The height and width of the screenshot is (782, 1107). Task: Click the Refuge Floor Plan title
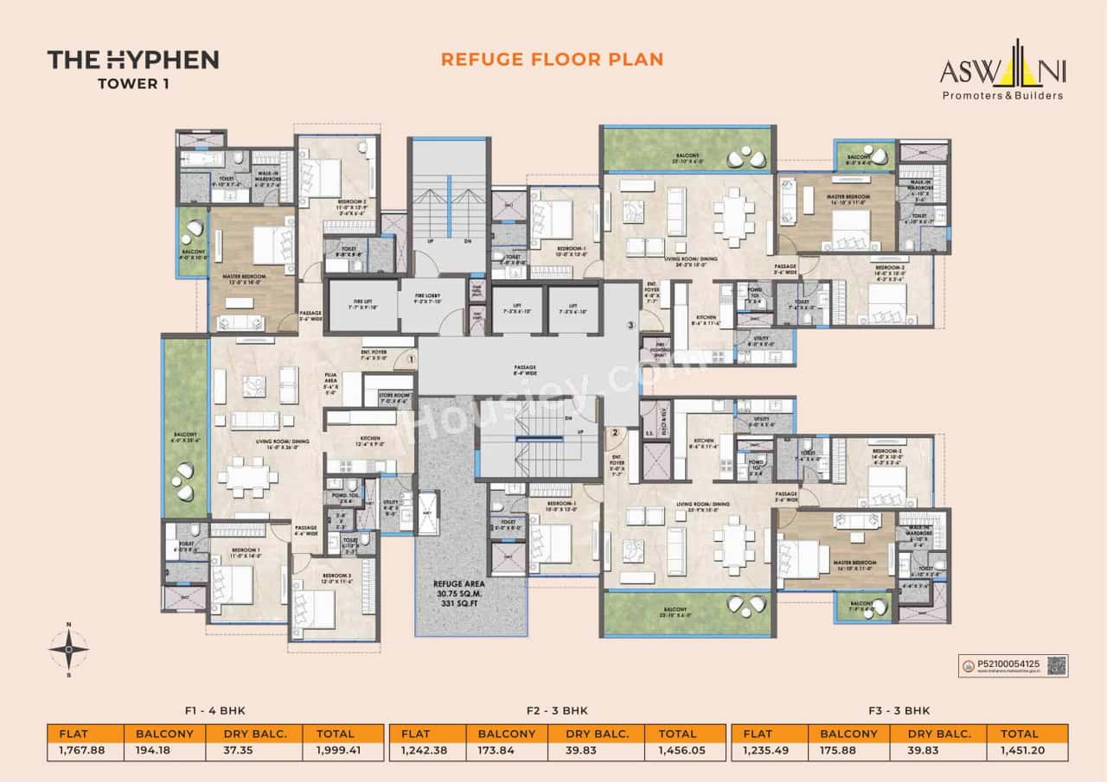(x=552, y=59)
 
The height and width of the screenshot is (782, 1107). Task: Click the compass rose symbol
(x=68, y=648)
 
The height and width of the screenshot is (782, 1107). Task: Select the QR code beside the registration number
(x=1056, y=665)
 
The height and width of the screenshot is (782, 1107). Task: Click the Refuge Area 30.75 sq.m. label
(x=469, y=595)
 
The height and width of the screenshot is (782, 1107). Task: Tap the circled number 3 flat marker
(x=631, y=326)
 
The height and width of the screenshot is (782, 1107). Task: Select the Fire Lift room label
(x=363, y=303)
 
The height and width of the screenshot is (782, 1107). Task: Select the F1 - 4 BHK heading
(x=215, y=711)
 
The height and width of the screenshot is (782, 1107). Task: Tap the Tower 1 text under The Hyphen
(x=132, y=84)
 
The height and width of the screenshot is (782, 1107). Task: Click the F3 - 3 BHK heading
(x=899, y=711)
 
